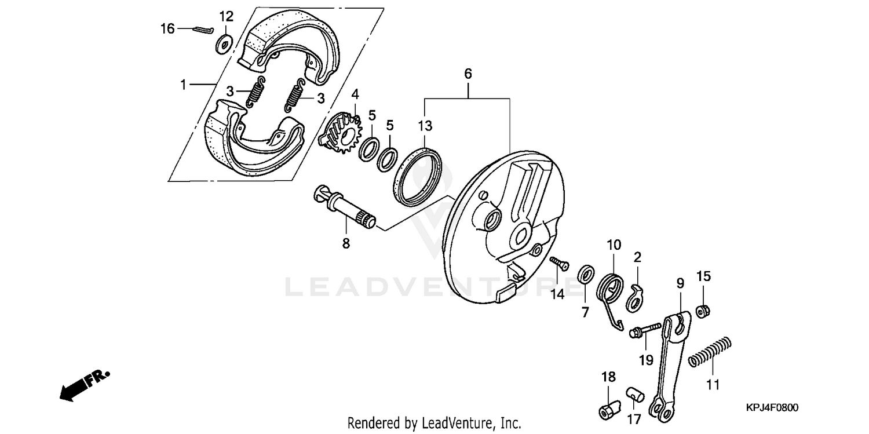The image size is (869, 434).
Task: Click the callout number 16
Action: pos(167,28)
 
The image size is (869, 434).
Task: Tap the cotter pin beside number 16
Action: pos(203,30)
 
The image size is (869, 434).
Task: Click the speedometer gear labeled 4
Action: pos(342,134)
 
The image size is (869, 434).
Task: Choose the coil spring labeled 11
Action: pos(711,352)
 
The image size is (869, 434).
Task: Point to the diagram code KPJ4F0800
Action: pos(771,408)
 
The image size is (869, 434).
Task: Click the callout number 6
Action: pos(468,74)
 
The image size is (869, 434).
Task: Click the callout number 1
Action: pos(184,85)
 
